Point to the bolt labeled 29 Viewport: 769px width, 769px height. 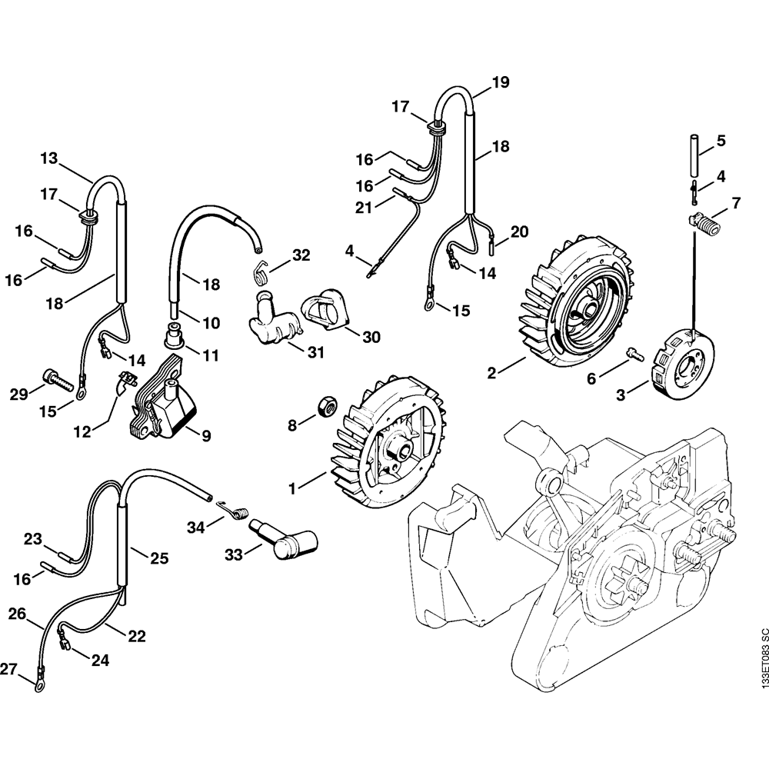[58, 378]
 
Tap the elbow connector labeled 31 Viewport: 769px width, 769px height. [271, 331]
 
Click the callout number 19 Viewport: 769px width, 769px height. [501, 83]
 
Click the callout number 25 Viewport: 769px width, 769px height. [159, 558]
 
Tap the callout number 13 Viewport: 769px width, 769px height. [49, 158]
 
